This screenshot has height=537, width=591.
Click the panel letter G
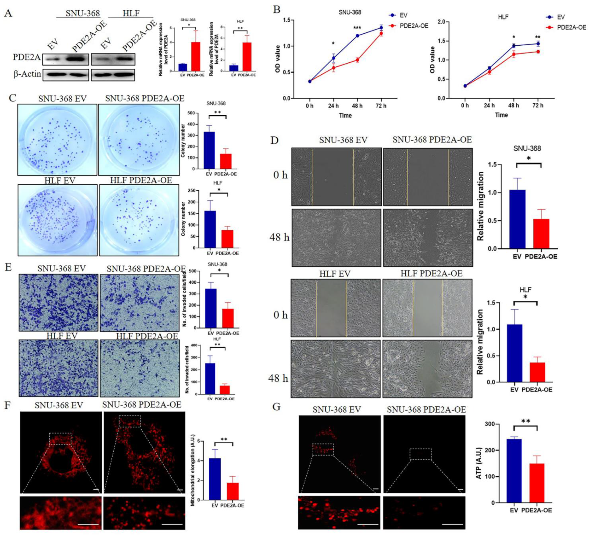click(277, 407)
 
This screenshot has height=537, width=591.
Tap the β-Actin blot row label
click(27, 74)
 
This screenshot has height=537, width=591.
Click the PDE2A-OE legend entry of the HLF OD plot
click(571, 28)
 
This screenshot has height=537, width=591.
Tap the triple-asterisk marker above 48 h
click(357, 28)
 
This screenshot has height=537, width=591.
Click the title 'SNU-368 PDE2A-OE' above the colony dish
click(145, 99)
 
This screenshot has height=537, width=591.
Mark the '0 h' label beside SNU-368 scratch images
click(280, 175)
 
